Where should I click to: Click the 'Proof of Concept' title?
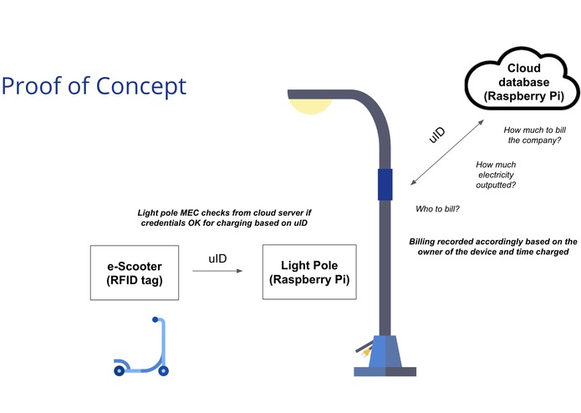(x=94, y=85)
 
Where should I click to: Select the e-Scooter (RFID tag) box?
(x=135, y=273)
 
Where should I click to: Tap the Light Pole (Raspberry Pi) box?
(x=308, y=273)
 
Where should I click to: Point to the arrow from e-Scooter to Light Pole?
(x=226, y=271)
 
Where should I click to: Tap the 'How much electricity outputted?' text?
(x=495, y=175)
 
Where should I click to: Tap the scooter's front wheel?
(x=164, y=370)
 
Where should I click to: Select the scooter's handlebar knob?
(x=155, y=319)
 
